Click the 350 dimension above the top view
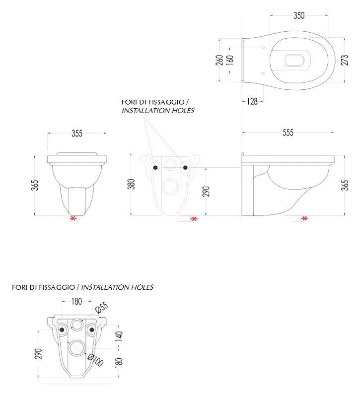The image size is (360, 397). [x=299, y=15]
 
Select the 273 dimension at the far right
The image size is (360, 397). [x=345, y=60]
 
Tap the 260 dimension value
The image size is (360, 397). [x=219, y=60]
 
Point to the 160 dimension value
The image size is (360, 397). [x=229, y=60]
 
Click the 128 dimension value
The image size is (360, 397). [x=252, y=102]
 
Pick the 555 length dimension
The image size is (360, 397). [x=288, y=132]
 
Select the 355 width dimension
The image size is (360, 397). [x=77, y=133]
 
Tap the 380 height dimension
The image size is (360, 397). [x=132, y=184]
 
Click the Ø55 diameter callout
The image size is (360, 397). [x=102, y=308]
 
